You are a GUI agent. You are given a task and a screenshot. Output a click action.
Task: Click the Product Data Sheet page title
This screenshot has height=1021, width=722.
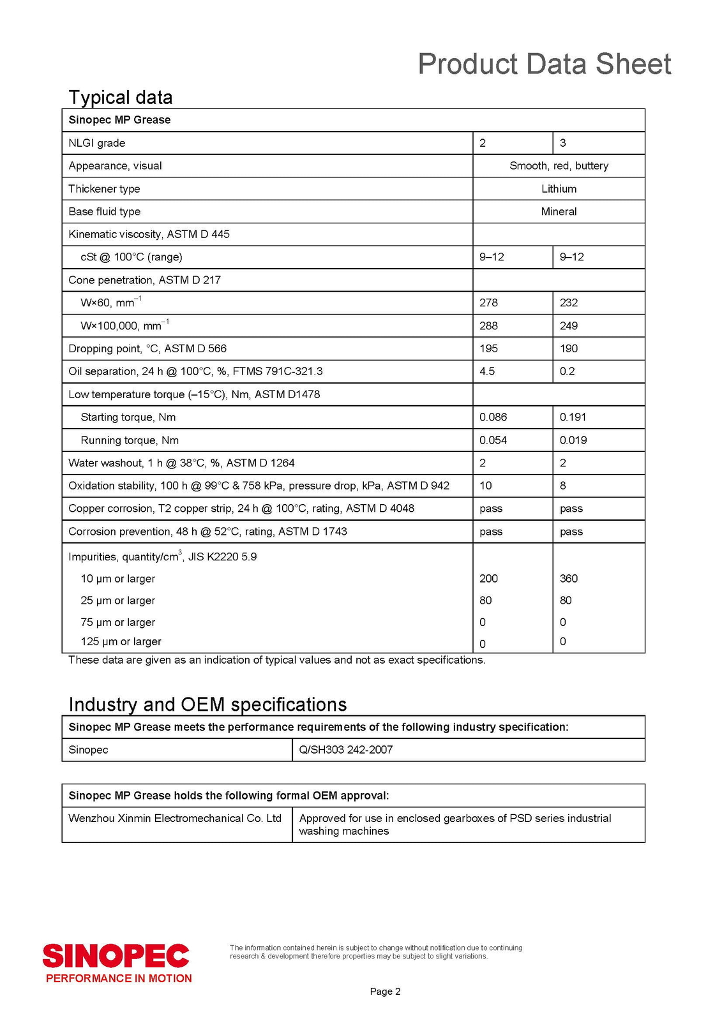[544, 64]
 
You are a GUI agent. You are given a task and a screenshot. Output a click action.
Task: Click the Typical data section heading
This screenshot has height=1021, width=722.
[121, 97]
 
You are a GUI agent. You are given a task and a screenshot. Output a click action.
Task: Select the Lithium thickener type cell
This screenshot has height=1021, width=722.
[559, 189]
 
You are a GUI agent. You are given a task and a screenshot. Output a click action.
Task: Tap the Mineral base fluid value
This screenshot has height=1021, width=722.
[559, 212]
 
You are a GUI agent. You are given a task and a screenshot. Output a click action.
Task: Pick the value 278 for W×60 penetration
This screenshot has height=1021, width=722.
[488, 303]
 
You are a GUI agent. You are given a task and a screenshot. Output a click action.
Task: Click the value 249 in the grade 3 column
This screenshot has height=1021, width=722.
[569, 326]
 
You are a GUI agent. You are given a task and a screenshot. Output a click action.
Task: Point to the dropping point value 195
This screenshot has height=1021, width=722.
[488, 349]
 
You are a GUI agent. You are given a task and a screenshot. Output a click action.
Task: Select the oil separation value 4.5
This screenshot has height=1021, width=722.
[487, 371]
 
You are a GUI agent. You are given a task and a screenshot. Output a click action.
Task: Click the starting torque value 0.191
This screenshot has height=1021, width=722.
[573, 417]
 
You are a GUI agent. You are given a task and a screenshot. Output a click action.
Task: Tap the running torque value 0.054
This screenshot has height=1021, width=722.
[493, 440]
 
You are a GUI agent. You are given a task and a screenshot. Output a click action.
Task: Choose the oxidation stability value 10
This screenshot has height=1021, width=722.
[486, 486]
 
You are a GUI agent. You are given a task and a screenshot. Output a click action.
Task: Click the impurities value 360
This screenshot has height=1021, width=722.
[569, 579]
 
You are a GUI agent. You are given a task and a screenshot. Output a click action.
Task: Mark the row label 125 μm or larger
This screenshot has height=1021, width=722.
[121, 642]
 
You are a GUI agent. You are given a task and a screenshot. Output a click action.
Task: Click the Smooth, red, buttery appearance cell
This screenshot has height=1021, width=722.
[559, 166]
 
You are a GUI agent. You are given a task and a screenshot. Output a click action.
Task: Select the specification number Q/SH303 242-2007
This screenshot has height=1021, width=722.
[346, 750]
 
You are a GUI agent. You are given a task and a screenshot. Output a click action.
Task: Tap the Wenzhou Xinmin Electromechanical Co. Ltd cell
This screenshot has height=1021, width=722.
[175, 819]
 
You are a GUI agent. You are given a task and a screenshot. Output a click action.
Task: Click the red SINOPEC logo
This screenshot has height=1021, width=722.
[116, 955]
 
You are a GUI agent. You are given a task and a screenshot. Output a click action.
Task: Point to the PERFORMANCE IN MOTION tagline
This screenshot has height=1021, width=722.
[119, 978]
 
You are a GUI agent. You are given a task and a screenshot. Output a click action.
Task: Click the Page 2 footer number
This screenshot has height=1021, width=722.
[385, 992]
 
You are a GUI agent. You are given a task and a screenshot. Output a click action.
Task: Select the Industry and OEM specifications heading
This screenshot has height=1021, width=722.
[207, 704]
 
